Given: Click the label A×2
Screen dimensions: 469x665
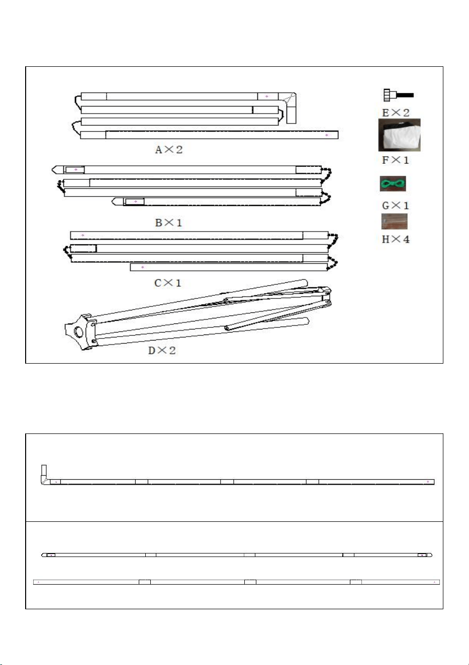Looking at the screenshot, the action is [168, 149].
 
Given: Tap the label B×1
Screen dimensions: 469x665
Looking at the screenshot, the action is [168, 223].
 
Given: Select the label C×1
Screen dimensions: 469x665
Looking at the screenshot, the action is [167, 283].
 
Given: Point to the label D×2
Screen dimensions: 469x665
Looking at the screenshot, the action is [162, 351].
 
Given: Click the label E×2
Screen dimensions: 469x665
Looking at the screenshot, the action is [396, 113].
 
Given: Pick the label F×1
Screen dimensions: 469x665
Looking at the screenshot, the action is [395, 160].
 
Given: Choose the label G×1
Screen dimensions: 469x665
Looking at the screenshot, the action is [395, 205].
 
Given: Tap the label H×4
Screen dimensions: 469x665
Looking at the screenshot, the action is [396, 239].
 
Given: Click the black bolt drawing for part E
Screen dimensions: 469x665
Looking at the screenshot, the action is [398, 95].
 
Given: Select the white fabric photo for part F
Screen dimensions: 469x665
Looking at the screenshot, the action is [400, 135].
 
